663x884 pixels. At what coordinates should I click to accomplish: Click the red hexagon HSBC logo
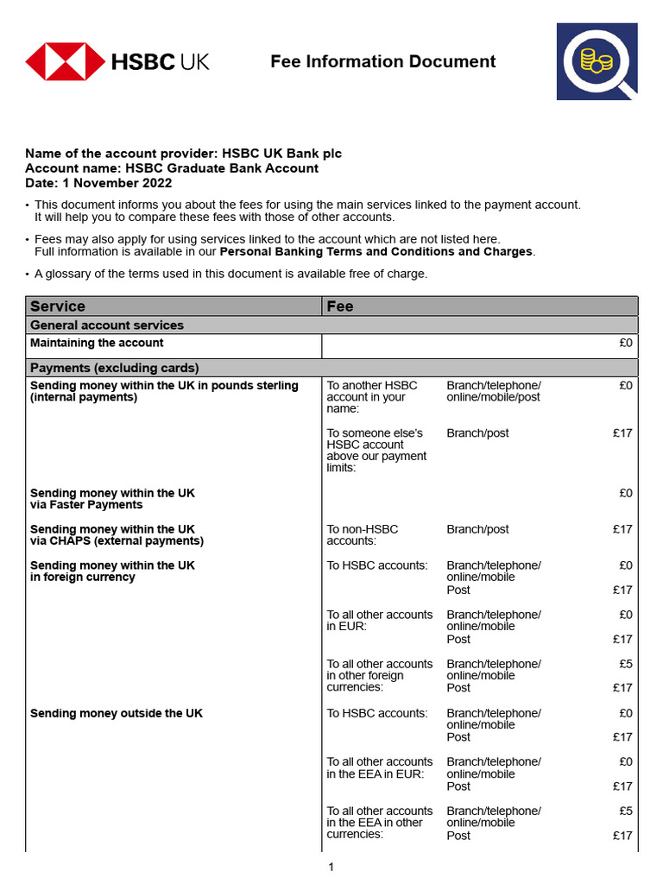coord(65,61)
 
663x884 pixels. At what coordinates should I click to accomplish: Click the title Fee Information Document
coord(382,61)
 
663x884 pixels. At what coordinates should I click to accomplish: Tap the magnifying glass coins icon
coord(597,62)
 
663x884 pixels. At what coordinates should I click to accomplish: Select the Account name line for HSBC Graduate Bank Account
coord(171,168)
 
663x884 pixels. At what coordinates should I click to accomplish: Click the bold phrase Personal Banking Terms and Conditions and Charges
coord(376,252)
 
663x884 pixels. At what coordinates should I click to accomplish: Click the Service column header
coord(58,306)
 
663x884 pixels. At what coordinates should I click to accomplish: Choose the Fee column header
coord(340,306)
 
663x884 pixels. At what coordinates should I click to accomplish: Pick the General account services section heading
coord(107,325)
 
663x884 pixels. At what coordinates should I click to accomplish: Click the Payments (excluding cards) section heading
coord(115,368)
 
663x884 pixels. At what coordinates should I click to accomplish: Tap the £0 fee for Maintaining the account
coord(625,343)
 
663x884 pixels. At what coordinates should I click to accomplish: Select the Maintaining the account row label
coord(97,343)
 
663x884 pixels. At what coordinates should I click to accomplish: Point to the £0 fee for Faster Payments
coord(625,493)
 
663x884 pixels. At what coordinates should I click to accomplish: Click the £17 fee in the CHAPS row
coord(622,529)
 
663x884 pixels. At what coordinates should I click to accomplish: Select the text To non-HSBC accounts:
coord(363,535)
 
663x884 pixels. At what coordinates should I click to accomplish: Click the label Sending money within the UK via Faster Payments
coord(112,499)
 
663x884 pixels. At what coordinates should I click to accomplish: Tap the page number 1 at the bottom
coord(331,867)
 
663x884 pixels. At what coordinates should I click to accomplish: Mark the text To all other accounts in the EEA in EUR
coord(380,767)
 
